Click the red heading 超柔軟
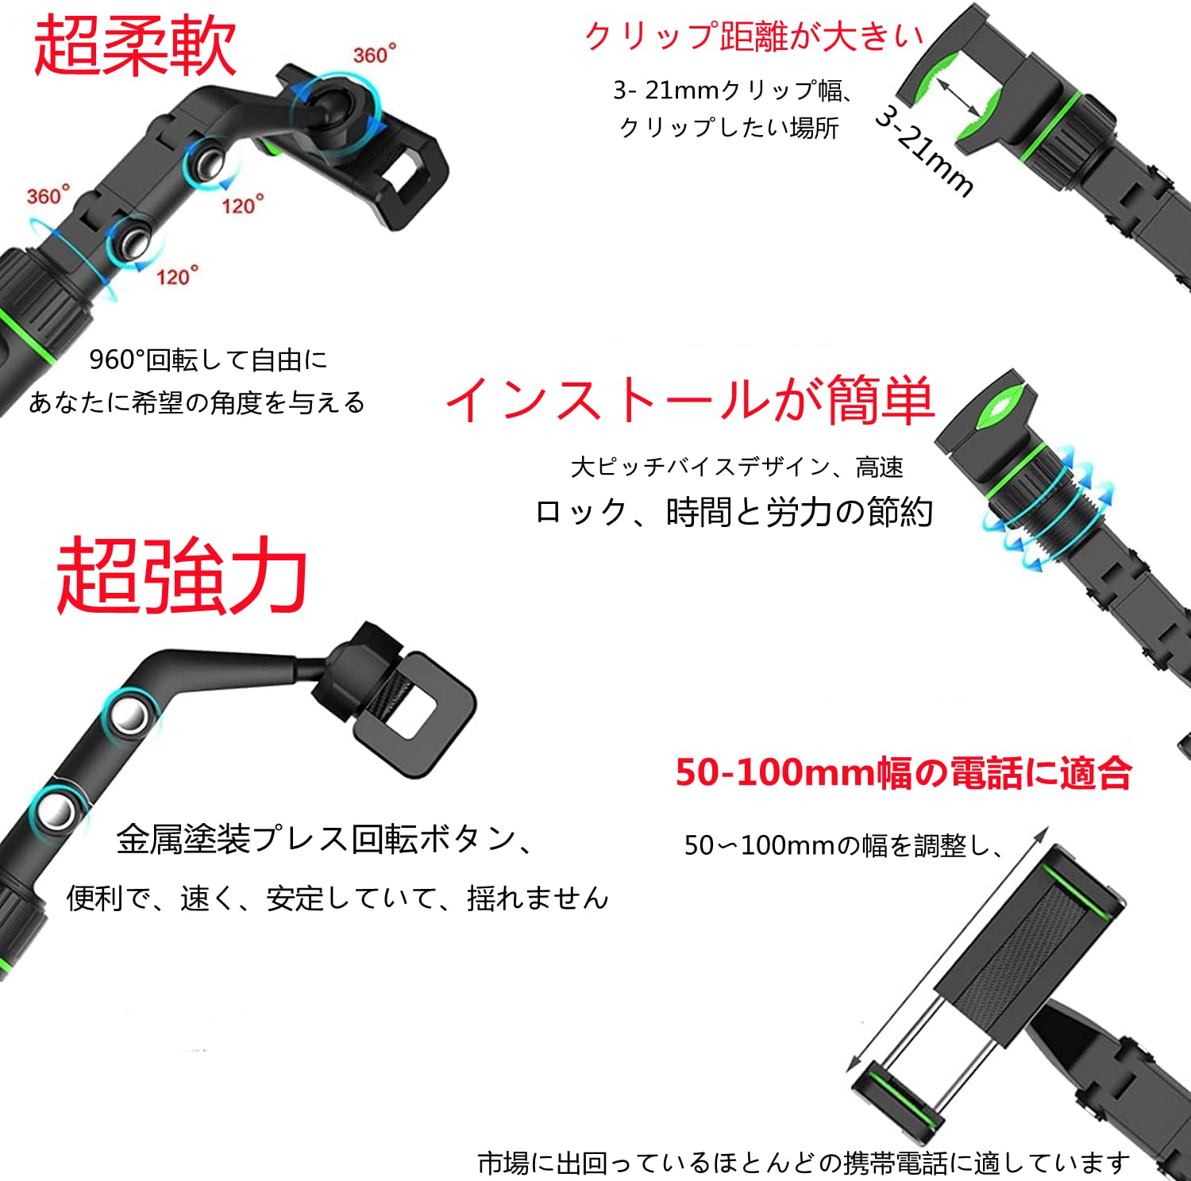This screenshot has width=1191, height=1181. click(135, 46)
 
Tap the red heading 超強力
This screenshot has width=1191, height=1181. click(182, 575)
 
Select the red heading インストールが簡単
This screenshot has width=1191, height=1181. click(689, 399)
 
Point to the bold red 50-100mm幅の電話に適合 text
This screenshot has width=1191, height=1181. click(904, 772)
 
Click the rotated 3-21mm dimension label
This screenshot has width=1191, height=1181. click(924, 152)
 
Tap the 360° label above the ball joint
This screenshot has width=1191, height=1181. click(374, 55)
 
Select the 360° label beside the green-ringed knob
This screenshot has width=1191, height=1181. click(48, 195)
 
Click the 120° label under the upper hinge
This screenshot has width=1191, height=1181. click(242, 206)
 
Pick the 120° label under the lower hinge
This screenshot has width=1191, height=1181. click(176, 276)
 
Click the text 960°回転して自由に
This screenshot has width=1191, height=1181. click(208, 360)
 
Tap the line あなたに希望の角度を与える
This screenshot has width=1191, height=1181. click(197, 402)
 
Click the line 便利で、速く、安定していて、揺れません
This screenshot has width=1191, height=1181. click(337, 898)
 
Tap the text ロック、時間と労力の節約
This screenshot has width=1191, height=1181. click(734, 512)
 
